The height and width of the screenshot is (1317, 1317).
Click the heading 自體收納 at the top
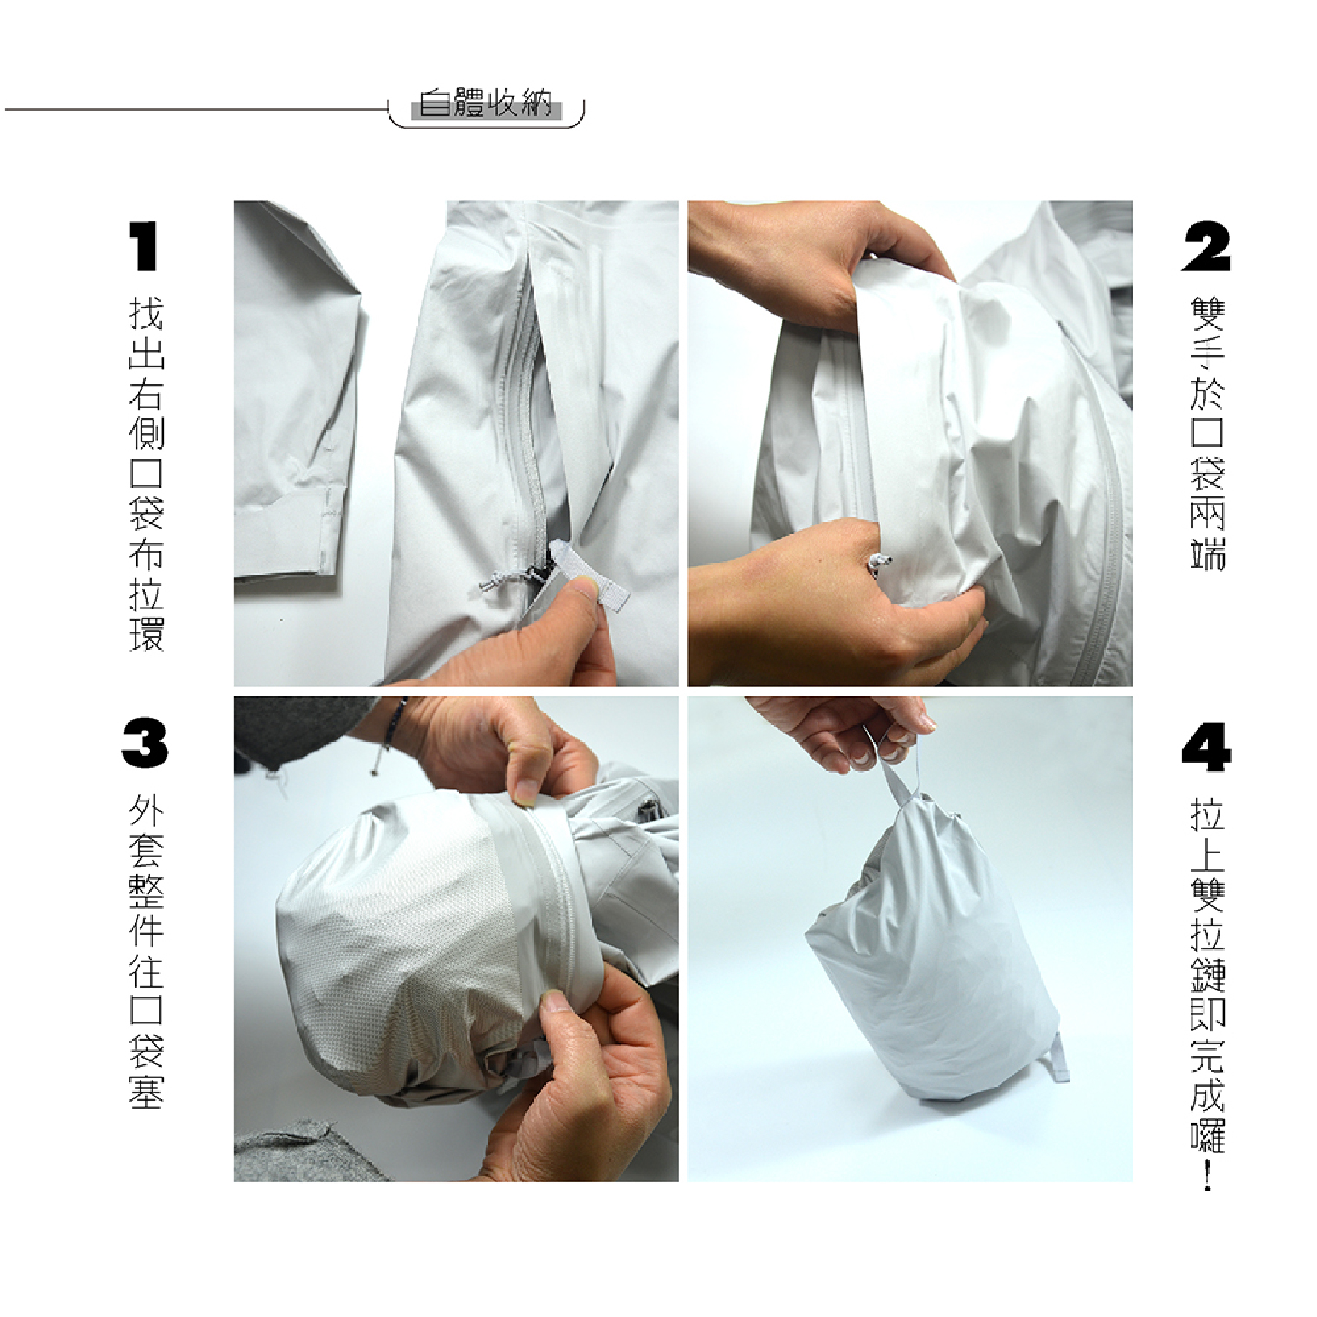click(486, 104)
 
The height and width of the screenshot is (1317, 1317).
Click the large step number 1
click(144, 247)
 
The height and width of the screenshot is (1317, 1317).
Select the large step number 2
click(1206, 247)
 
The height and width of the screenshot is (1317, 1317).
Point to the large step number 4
click(1206, 745)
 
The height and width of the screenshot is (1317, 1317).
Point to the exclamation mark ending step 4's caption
click(1206, 1174)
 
